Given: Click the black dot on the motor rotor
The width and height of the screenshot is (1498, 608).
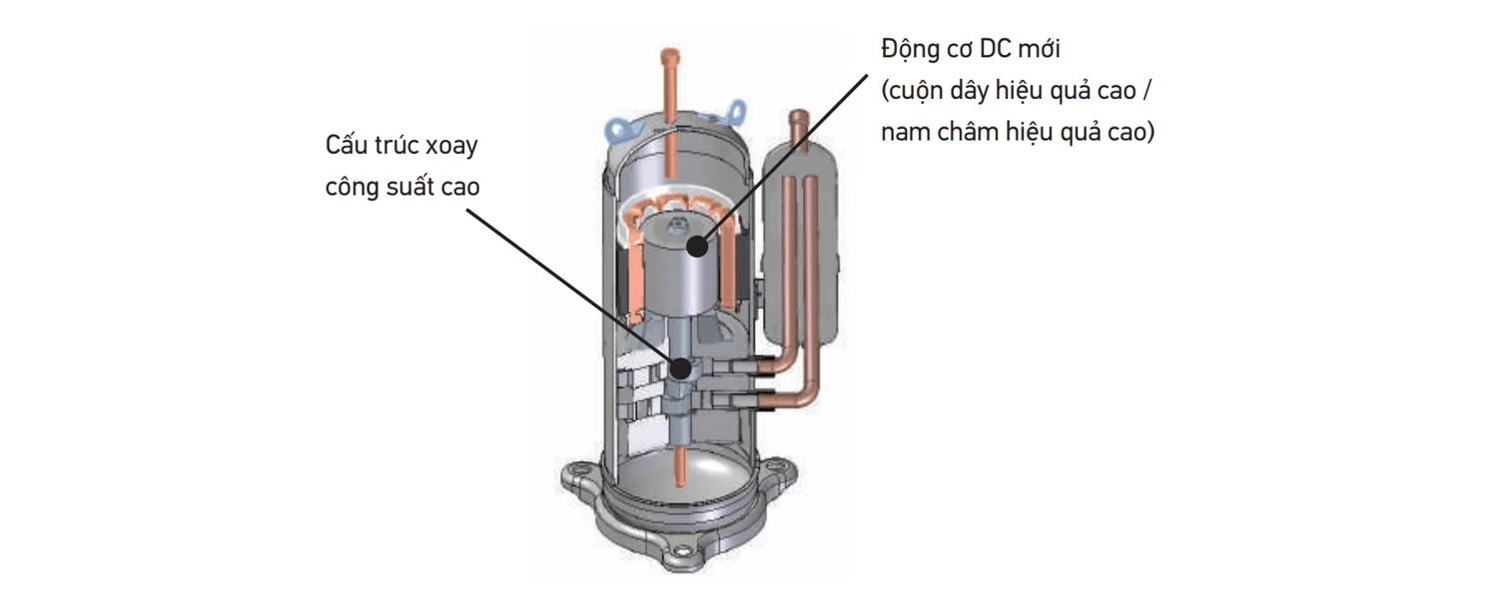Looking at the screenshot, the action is coord(697,247).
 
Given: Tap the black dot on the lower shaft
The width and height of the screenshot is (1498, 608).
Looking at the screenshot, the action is coord(681,368).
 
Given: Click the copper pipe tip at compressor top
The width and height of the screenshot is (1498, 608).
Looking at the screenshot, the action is coord(669,57).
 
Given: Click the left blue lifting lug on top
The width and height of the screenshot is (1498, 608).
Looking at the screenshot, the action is coord(622,127).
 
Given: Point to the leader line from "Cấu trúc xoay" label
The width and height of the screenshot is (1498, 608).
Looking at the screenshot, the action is coord(573,289).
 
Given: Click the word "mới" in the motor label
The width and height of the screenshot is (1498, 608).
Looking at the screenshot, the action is coord(1040,49).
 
